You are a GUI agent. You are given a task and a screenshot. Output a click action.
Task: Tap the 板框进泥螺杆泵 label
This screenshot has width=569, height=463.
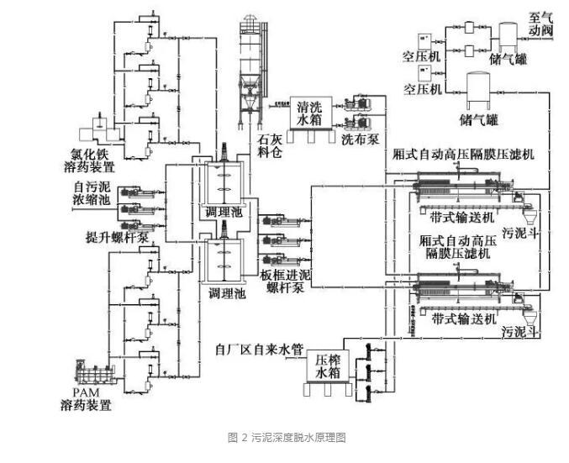click(283, 283)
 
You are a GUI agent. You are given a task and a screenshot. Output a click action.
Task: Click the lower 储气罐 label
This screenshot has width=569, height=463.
click(477, 120)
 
